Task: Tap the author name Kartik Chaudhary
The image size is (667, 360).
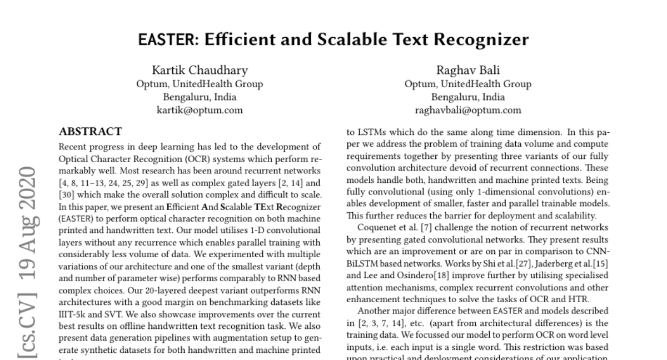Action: pos(200,70)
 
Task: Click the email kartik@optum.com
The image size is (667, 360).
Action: pos(200,110)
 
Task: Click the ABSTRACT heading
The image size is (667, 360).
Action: pos(90,132)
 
